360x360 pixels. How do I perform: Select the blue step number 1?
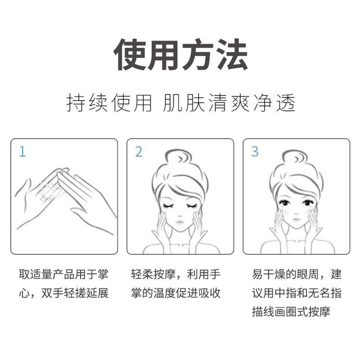tap(22, 152)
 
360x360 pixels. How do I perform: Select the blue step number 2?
tap(139, 152)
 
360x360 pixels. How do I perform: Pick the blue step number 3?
tap(255, 152)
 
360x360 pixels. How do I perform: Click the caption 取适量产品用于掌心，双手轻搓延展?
tap(63, 283)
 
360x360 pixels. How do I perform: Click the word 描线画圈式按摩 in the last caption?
tap(291, 312)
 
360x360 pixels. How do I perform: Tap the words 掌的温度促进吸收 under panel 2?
tap(176, 293)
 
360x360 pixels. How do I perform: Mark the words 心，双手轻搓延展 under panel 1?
tap(63, 293)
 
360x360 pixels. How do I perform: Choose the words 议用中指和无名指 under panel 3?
tap(297, 293)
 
